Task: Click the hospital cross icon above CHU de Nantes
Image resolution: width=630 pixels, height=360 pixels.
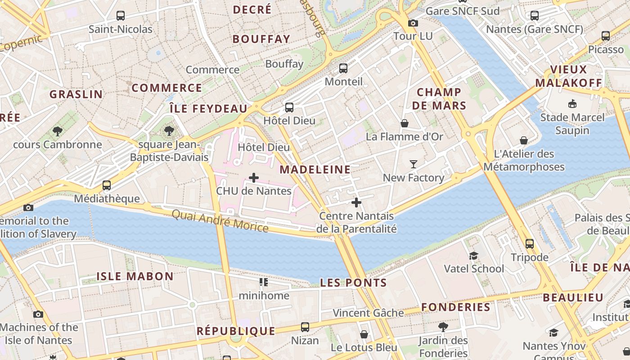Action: click(254, 178)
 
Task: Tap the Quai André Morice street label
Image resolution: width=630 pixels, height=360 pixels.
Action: click(220, 220)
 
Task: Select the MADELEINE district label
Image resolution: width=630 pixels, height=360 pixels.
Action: click(315, 170)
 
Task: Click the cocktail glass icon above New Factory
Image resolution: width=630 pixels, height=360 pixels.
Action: click(414, 164)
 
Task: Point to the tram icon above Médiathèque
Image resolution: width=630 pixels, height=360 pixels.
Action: click(107, 185)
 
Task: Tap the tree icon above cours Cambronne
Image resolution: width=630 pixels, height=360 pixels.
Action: click(57, 131)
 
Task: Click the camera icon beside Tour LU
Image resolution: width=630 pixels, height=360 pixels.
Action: click(413, 23)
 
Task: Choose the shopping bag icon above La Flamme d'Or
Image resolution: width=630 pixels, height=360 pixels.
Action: click(405, 123)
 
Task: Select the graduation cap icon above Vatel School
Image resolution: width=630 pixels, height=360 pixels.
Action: click(473, 256)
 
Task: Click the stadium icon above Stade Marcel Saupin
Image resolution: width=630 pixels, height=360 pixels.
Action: click(572, 104)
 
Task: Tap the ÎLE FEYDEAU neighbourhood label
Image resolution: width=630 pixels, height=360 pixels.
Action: click(208, 108)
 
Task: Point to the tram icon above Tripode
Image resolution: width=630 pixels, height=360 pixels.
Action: click(530, 244)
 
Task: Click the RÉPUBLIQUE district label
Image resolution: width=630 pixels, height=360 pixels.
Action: click(236, 331)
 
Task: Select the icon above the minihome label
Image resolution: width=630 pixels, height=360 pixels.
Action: click(264, 282)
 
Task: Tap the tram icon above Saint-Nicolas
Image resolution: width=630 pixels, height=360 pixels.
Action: click(121, 16)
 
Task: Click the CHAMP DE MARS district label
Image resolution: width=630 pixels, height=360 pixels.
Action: click(439, 99)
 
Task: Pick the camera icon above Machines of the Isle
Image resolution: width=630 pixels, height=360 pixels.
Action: click(38, 314)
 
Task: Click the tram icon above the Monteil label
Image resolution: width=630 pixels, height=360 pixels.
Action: click(343, 68)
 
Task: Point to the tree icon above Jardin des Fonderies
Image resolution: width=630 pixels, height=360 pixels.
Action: click(443, 327)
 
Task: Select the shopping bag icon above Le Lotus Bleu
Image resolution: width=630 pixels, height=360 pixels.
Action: click(364, 334)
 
